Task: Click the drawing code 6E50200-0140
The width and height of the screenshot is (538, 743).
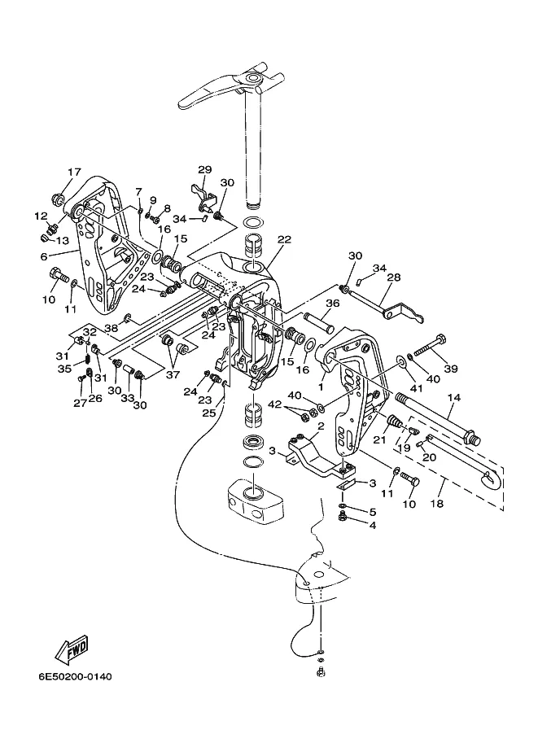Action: coord(74,677)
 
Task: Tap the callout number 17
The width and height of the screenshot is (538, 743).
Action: coord(74,173)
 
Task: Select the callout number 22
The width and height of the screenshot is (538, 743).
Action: coord(283,239)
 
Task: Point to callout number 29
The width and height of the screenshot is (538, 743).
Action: coord(204,169)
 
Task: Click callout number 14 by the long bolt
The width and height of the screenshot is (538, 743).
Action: coord(453,397)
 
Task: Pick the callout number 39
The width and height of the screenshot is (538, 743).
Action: coord(450,369)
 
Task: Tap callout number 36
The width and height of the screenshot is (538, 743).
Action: coord(332,304)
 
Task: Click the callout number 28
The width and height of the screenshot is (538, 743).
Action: coord(394,278)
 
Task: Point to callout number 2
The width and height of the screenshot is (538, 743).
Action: coord(321,426)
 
